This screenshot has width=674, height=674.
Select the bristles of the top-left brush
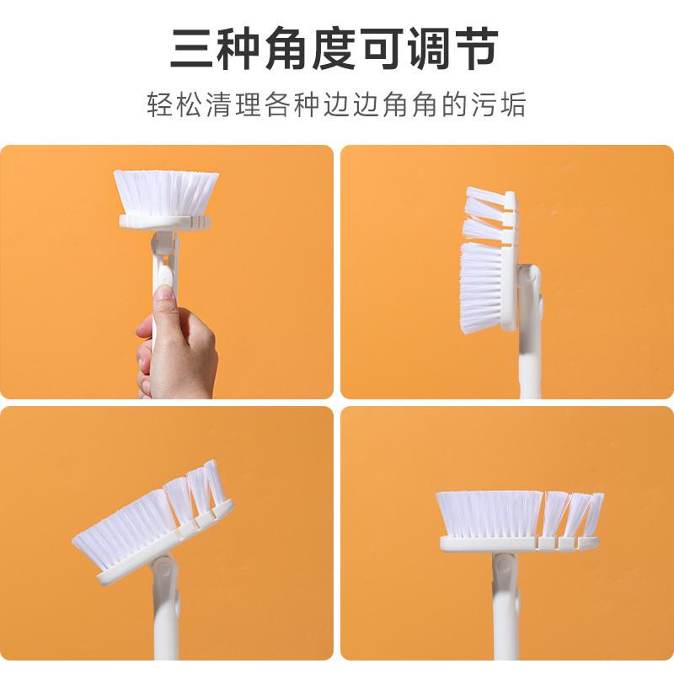click(166, 192)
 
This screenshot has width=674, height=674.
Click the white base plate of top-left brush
click(165, 222)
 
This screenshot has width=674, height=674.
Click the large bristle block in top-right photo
click(481, 286)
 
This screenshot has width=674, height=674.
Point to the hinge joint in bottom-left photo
click(163, 570)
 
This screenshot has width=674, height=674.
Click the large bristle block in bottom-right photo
click(489, 514)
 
